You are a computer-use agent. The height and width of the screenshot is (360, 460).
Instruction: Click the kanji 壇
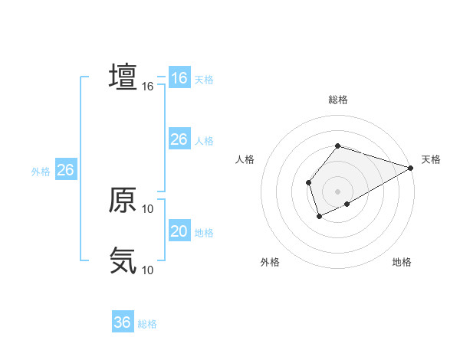click(x=123, y=77)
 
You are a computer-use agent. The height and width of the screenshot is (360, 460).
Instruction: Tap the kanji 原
click(x=123, y=200)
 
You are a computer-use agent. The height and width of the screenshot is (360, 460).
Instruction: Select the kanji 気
click(x=123, y=260)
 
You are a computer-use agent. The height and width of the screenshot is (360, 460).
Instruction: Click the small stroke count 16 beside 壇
click(x=148, y=87)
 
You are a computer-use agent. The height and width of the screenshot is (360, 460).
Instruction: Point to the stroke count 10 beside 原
click(x=148, y=208)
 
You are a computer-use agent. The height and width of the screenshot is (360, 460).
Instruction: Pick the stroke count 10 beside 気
click(x=148, y=270)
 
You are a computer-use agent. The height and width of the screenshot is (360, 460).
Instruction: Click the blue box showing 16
click(x=179, y=78)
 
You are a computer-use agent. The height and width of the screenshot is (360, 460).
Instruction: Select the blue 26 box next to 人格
click(x=179, y=139)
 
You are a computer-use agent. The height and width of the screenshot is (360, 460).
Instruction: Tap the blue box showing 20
click(x=179, y=231)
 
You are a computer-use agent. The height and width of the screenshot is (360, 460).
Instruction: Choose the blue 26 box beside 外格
click(x=65, y=170)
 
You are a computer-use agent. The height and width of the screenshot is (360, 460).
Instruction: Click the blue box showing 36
click(x=123, y=322)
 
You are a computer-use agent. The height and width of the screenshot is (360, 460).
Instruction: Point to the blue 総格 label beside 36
click(x=147, y=324)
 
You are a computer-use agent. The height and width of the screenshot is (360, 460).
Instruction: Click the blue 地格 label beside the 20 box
click(x=204, y=233)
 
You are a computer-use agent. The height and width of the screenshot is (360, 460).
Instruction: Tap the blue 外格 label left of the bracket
click(x=41, y=172)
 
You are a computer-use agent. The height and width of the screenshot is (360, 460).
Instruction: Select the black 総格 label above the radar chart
click(x=337, y=100)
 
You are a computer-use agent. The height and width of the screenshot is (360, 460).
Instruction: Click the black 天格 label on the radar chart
click(x=431, y=159)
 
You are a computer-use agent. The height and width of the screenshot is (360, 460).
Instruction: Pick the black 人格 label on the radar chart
click(x=245, y=159)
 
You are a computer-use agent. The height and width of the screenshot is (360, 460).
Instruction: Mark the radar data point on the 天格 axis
click(x=412, y=168)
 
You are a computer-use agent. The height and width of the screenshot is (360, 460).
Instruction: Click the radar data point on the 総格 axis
click(x=337, y=146)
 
